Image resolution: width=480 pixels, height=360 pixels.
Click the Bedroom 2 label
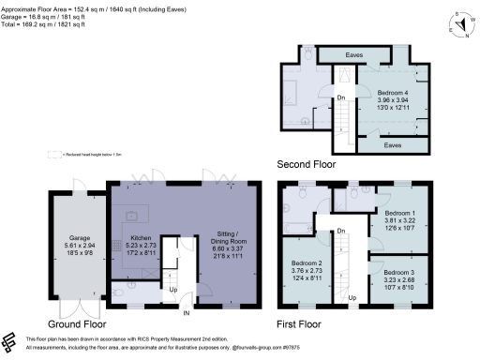coord(306,263)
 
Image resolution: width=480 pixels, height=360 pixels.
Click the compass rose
coord(459,25)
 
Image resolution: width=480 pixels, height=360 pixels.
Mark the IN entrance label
coord(187,312)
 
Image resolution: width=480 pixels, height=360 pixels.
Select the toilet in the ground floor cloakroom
coord(120,292)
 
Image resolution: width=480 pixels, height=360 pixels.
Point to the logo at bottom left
coord(11,339)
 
